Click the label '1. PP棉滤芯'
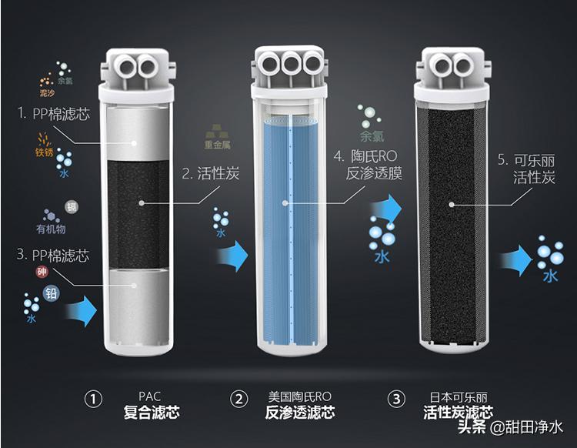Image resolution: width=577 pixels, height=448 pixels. pyautogui.click(x=54, y=113)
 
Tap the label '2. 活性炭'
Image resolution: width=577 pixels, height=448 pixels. pyautogui.click(x=211, y=173)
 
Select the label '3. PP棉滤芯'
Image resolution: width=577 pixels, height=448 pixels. pyautogui.click(x=53, y=255)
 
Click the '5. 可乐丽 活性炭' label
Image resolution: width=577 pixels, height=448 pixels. pyautogui.click(x=525, y=169)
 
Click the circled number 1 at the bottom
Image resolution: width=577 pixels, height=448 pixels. pyautogui.click(x=93, y=399)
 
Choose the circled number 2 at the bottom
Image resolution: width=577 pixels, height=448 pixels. pyautogui.click(x=240, y=399)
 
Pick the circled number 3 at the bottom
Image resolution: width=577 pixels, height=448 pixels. pyautogui.click(x=396, y=399)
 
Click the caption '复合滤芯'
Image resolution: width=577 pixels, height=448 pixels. pyautogui.click(x=151, y=413)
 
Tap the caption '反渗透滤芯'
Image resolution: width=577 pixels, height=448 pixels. pyautogui.click(x=300, y=413)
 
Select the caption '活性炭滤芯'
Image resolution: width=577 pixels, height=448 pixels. pyautogui.click(x=458, y=413)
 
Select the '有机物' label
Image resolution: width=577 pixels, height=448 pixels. pyautogui.click(x=51, y=229)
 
